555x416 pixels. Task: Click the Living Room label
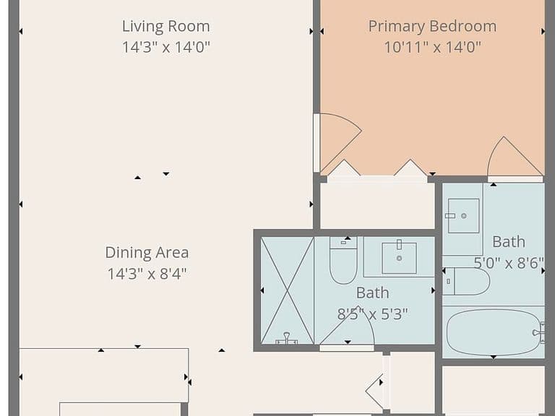(166, 27)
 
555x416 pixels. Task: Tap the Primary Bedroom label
(432, 27)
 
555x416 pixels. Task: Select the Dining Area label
(147, 253)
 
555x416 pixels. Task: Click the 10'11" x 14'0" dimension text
(433, 47)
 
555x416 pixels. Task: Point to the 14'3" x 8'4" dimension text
(147, 274)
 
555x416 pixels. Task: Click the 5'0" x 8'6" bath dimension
(509, 263)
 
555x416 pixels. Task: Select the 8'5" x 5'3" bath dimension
(372, 313)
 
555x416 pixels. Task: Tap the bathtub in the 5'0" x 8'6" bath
(494, 332)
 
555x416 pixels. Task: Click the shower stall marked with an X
(287, 290)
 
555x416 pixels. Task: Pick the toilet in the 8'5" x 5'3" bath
(343, 260)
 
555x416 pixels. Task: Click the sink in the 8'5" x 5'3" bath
(399, 258)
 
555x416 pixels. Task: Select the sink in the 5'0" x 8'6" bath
(464, 216)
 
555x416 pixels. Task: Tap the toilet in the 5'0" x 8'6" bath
(466, 282)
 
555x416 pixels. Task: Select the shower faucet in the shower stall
(287, 339)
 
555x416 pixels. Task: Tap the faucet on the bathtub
(539, 332)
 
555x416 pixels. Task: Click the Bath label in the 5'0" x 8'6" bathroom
(509, 242)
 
